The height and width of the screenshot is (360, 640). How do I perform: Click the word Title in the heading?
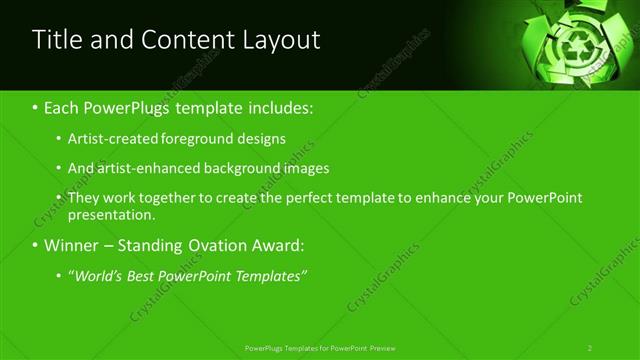pyautogui.click(x=59, y=40)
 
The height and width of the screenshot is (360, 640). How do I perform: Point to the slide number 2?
pyautogui.click(x=590, y=348)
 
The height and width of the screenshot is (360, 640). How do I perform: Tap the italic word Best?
pyautogui.click(x=147, y=276)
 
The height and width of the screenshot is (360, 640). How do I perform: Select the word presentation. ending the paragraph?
pyautogui.click(x=112, y=214)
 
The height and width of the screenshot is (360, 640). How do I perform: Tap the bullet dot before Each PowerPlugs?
pyautogui.click(x=36, y=108)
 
